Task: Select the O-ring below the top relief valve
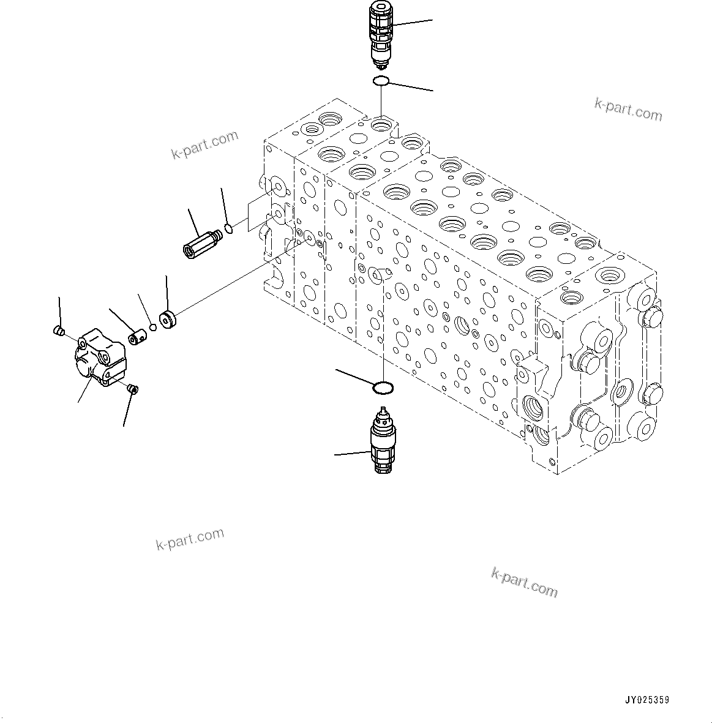click(x=381, y=81)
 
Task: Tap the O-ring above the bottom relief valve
click(x=383, y=388)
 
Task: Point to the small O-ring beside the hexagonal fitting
click(x=228, y=229)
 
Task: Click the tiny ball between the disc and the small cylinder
click(x=153, y=327)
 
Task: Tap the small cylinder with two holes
click(x=137, y=337)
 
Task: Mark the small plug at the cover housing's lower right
click(x=133, y=388)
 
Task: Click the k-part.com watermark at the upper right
click(x=628, y=110)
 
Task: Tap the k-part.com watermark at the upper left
click(x=204, y=145)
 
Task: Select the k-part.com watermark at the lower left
click(x=190, y=539)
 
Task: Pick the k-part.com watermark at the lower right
click(x=524, y=582)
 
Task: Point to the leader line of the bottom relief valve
click(x=352, y=454)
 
